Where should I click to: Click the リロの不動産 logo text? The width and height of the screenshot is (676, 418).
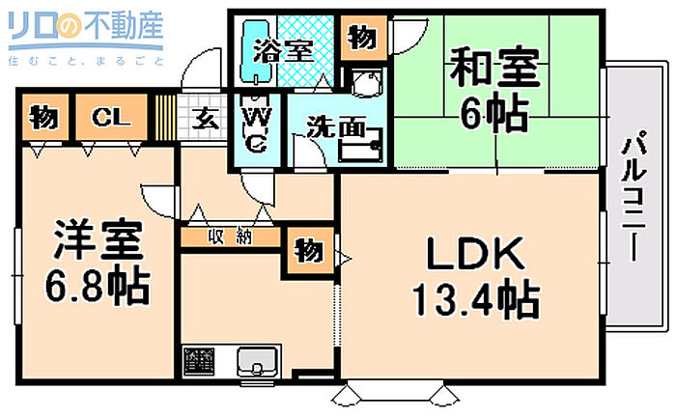(86, 27)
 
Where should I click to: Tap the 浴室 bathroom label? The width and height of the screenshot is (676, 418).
(283, 51)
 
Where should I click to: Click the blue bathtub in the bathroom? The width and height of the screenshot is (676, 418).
(258, 50)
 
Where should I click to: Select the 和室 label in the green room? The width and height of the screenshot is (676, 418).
(494, 69)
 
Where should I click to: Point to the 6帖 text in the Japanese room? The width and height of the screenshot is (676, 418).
(494, 113)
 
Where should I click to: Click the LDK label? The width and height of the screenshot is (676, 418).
(475, 253)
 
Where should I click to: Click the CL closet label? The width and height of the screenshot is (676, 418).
(111, 117)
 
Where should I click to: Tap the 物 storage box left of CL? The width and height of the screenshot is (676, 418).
(44, 117)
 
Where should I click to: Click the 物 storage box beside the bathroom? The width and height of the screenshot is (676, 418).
(362, 39)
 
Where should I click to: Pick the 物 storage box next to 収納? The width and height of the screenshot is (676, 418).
(309, 250)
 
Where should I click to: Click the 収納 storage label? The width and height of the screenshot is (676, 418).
(230, 237)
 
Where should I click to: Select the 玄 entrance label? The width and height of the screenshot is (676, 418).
(205, 119)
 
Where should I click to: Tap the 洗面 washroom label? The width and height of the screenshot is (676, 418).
(336, 127)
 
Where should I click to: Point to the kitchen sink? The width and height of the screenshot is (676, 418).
(257, 362)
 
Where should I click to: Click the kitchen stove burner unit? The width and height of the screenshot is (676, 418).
(199, 360)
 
